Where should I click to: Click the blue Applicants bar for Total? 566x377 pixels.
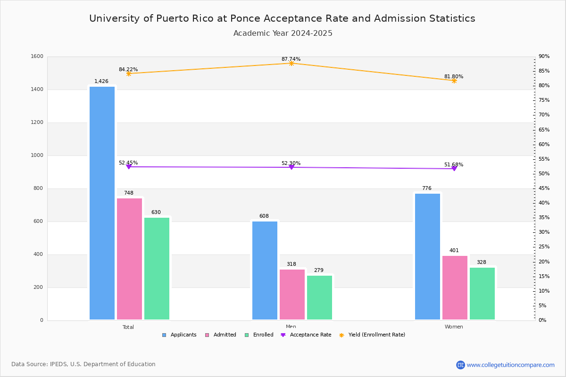102,203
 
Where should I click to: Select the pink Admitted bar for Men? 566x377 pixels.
292,295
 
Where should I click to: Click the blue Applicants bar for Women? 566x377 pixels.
427,256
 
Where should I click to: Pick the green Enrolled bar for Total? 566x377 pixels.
157,269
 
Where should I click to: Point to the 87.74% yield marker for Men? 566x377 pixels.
291,63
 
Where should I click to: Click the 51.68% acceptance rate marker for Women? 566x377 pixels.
454,168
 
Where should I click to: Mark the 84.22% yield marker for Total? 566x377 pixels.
128,74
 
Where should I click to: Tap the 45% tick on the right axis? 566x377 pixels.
544,188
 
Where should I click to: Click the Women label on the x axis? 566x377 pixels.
454,327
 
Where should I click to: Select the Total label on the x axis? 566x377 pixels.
128,327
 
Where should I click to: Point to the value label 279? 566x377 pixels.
319,270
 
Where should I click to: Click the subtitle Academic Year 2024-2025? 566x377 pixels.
283,33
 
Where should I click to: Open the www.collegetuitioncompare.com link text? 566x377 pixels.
510,365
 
